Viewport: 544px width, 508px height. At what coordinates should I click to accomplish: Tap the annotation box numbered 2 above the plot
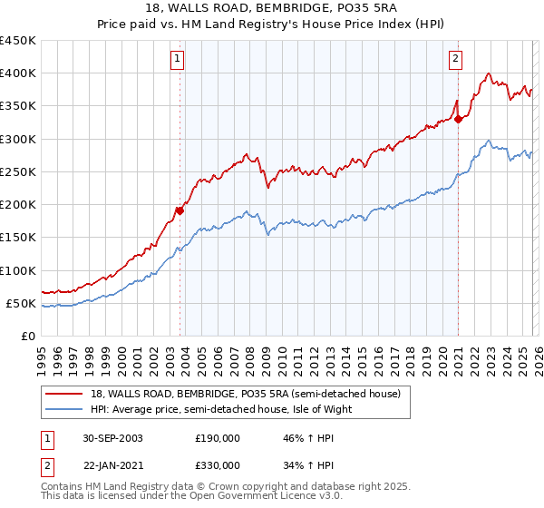[455, 60]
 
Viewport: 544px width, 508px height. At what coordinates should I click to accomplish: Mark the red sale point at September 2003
[180, 211]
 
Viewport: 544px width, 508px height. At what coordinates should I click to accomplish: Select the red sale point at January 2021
[458, 119]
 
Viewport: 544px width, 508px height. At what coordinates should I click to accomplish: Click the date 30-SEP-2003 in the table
[112, 438]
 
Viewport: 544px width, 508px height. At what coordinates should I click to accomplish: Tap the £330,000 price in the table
[218, 465]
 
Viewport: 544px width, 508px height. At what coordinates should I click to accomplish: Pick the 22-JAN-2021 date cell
[112, 465]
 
